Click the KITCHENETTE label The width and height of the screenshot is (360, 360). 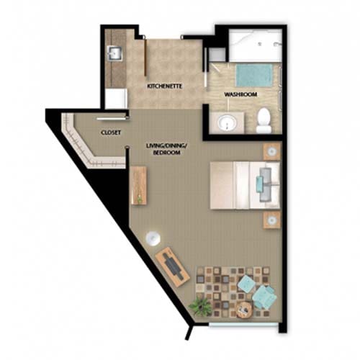coord(165,86)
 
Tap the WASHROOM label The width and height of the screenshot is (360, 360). coord(240,94)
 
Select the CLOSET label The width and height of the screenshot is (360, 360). coord(111,132)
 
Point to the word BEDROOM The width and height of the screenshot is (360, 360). coord(166,153)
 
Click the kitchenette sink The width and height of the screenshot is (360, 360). coord(115,53)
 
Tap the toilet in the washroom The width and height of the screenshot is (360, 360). coord(264,120)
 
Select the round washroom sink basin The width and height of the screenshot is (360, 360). coord(227,123)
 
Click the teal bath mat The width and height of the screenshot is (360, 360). coord(254,76)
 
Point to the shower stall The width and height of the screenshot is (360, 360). coord(255,45)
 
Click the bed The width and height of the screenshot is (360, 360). coord(245,185)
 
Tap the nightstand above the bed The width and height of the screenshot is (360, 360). coord(272,151)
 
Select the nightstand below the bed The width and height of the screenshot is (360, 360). coord(272,220)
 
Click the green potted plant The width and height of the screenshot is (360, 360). coord(201,306)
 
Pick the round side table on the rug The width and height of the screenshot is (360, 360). coord(244,310)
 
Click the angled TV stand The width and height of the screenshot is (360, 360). coord(173,266)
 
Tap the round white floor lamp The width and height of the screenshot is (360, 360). coord(153,238)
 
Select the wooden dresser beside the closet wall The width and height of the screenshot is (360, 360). coord(138,185)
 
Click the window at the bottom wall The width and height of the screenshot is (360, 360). coord(243,325)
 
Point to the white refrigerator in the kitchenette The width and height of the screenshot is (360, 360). coord(116,99)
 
